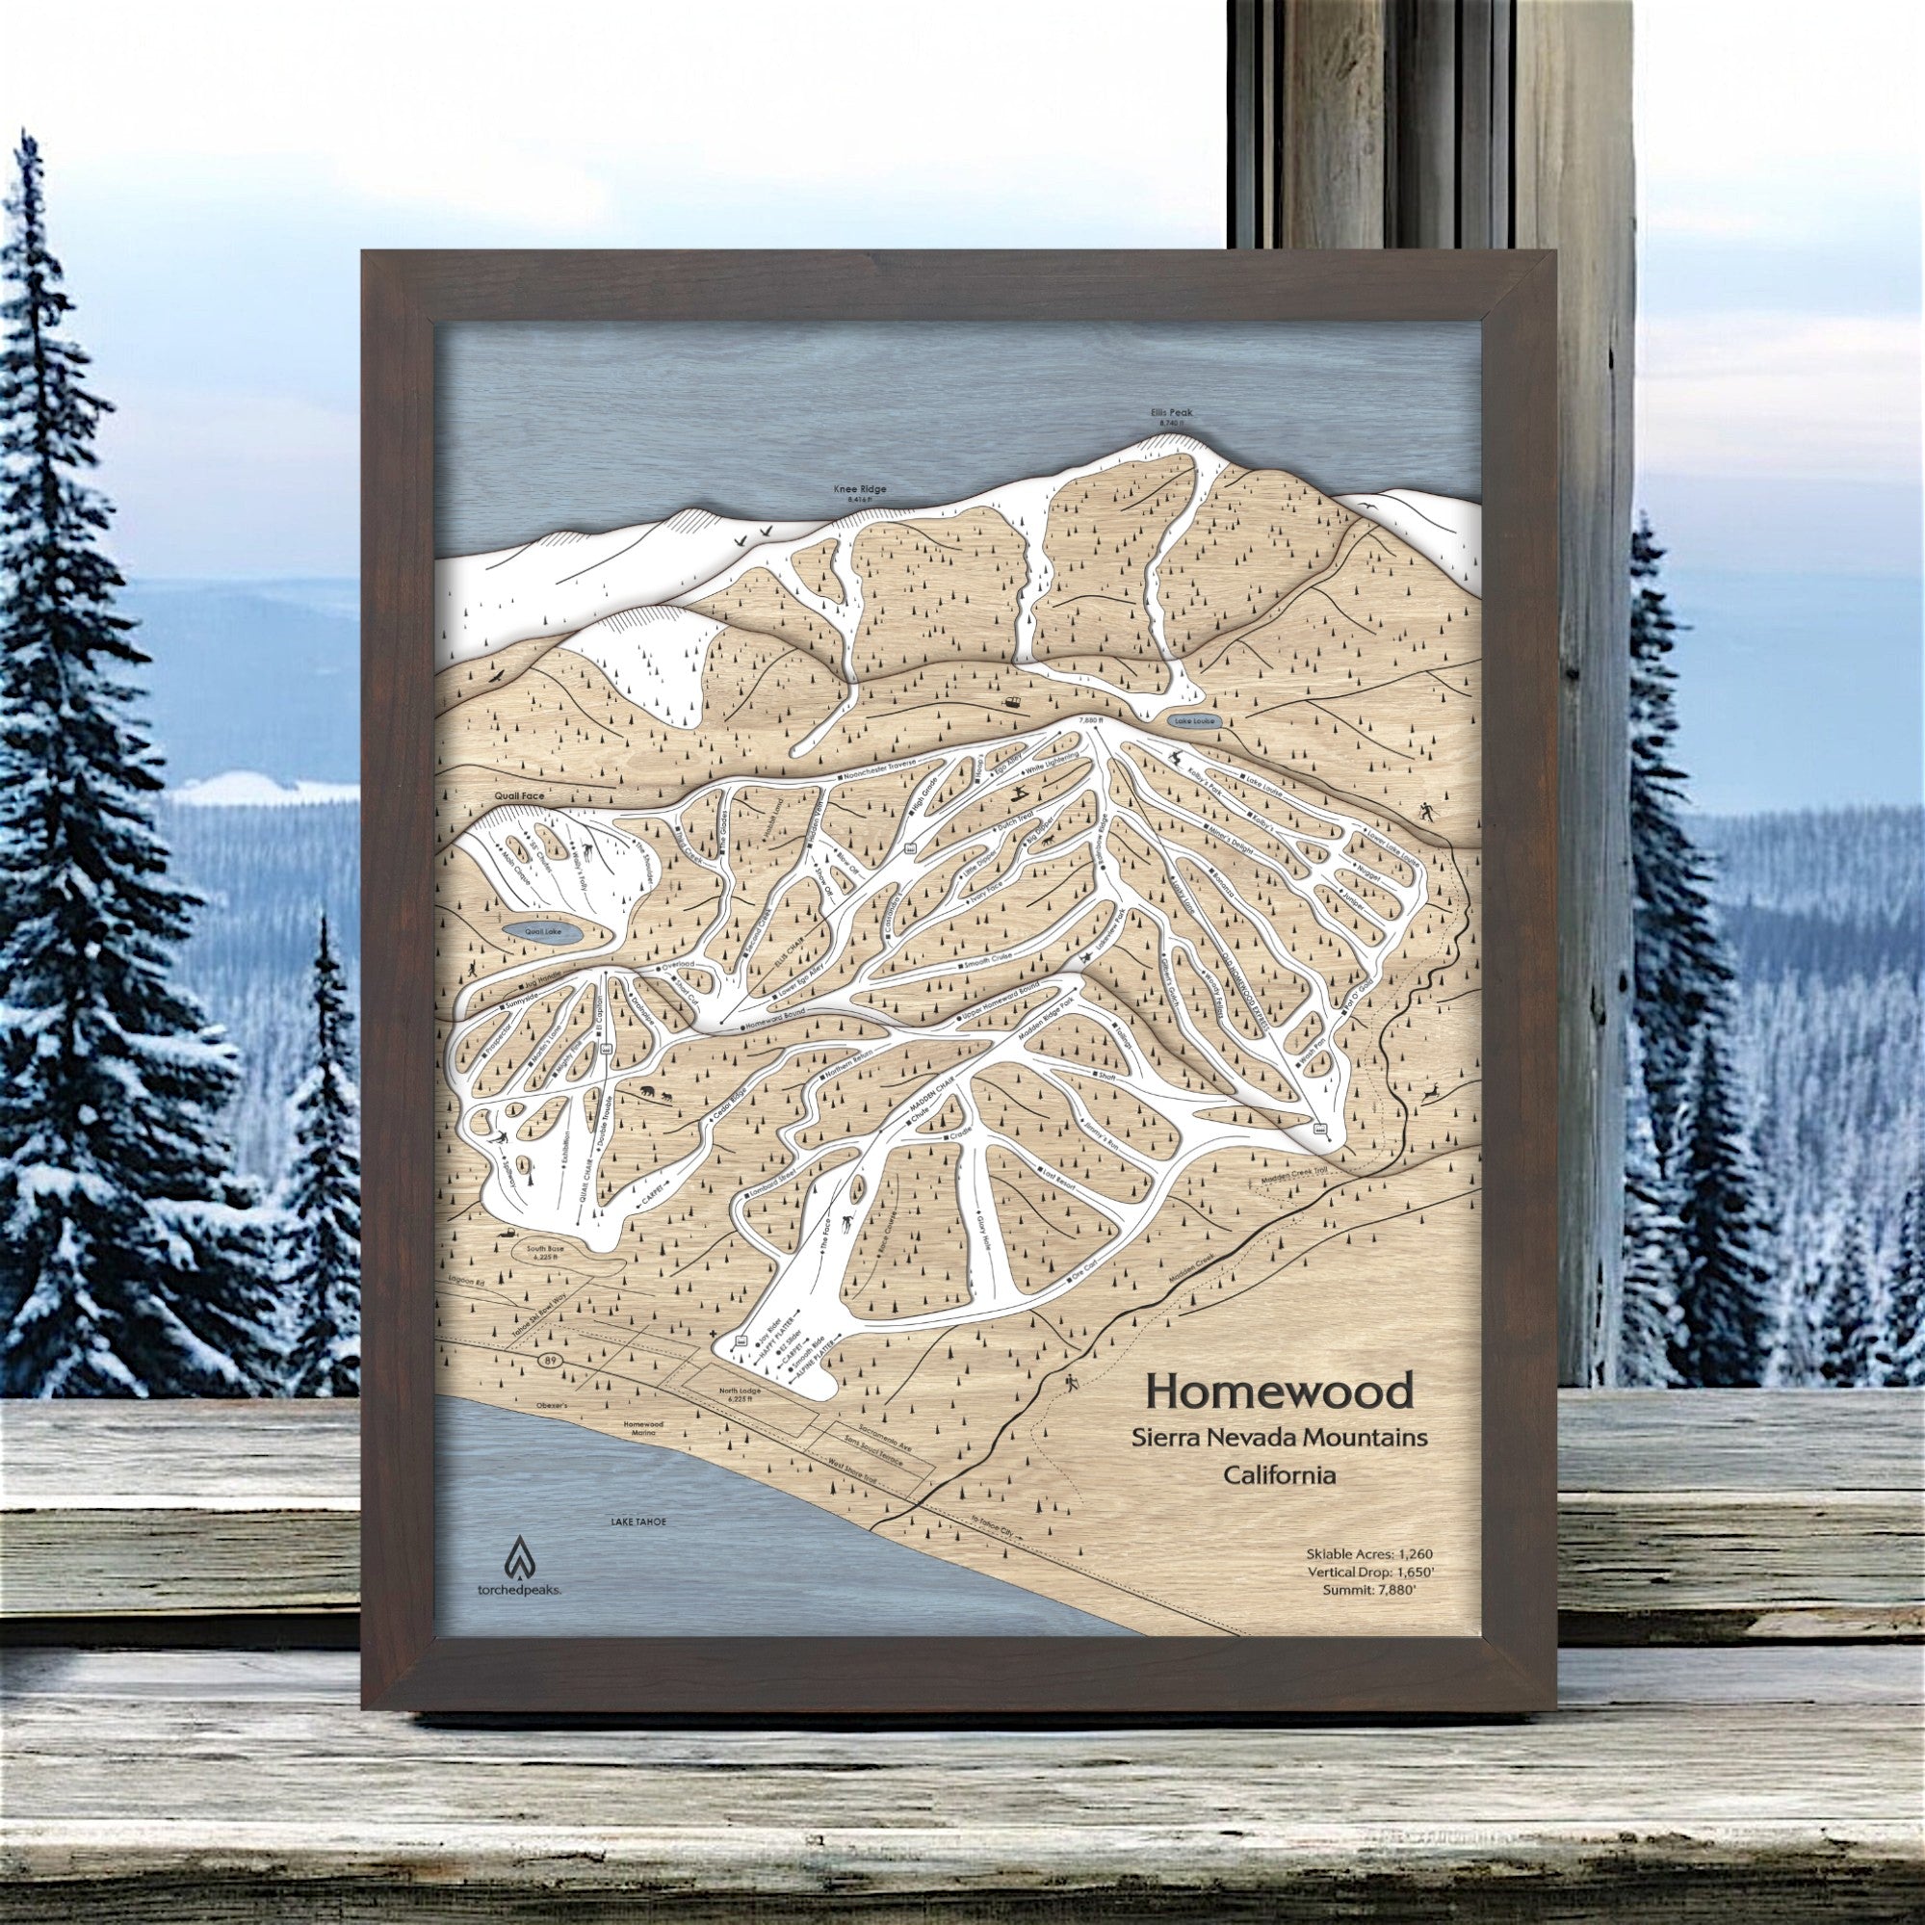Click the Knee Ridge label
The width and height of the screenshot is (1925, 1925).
coord(858,490)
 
